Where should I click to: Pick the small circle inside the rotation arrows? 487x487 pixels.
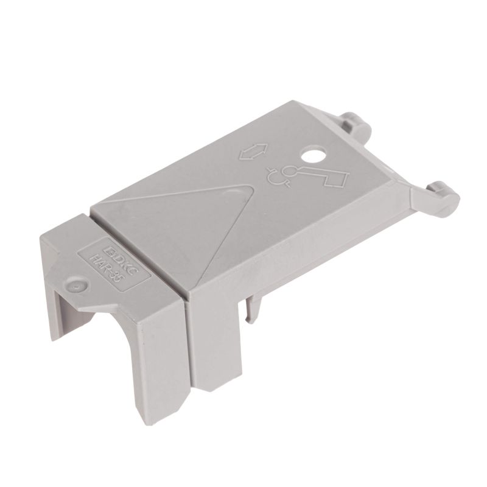292,170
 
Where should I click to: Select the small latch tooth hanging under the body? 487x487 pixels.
251,310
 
